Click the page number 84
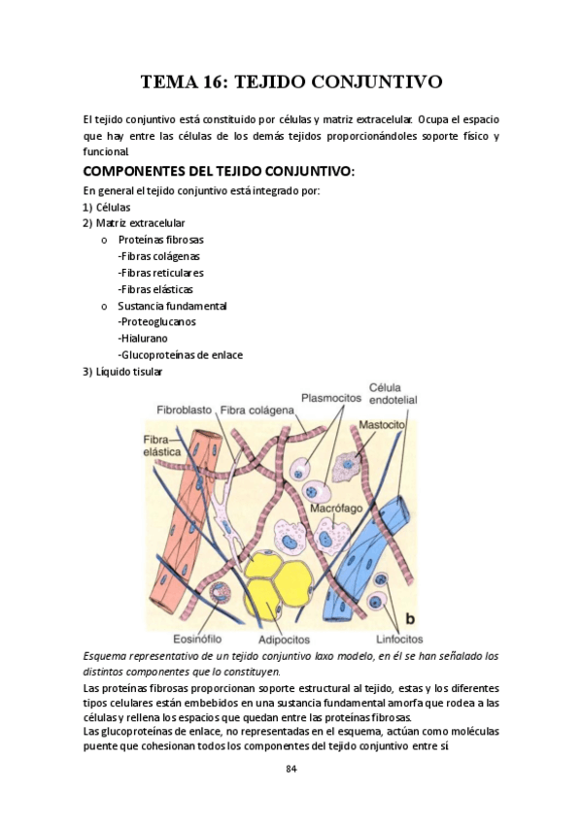291,770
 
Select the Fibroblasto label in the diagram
185,411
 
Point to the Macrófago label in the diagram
336,508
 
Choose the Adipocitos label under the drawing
284,641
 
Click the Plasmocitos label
330,397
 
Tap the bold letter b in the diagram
409,618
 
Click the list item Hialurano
143,338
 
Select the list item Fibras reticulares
160,273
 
